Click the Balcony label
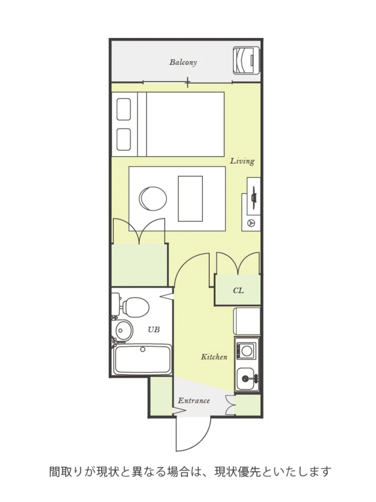[x=183, y=62]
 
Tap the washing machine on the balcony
[x=246, y=61]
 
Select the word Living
[x=242, y=161]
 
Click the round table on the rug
[x=153, y=199]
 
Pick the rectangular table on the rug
[x=191, y=199]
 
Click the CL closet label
[x=238, y=291]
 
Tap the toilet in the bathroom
[x=134, y=306]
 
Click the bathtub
[x=143, y=359]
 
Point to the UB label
[x=153, y=329]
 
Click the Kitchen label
[x=214, y=357]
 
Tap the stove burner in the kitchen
[x=247, y=351]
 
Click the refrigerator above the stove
[x=247, y=321]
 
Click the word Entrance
[x=194, y=401]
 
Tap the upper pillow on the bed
[x=124, y=110]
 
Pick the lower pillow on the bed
[x=124, y=140]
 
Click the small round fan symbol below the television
[x=251, y=223]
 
